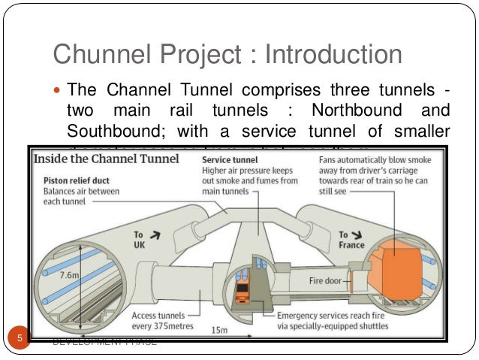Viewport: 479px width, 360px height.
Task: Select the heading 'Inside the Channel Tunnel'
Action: pyautogui.click(x=107, y=159)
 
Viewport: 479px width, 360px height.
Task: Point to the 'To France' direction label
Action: pyautogui.click(x=352, y=240)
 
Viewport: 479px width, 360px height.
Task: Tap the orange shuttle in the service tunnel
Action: pyautogui.click(x=243, y=292)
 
